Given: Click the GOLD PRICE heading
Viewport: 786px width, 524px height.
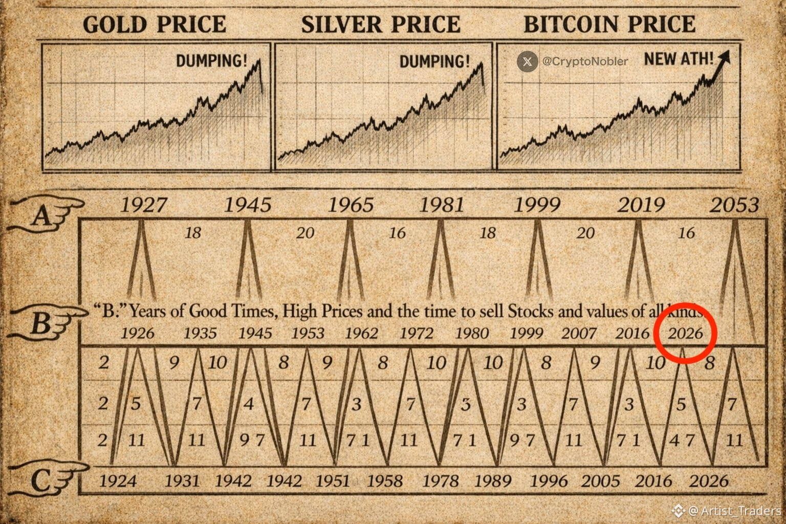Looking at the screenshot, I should pos(154,25).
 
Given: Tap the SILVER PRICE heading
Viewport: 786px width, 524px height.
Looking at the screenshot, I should pos(381,25).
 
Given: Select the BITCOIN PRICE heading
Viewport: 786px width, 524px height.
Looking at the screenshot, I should pos(609,25).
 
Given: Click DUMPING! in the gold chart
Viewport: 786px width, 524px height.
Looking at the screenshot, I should pos(211,61).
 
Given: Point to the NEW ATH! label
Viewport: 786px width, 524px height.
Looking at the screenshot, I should pos(679,58).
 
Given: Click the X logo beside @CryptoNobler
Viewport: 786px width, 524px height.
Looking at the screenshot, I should pos(527,61).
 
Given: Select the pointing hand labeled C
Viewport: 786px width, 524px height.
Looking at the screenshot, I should pos(49,478).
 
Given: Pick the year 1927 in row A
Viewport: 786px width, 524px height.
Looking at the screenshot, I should pos(143,205).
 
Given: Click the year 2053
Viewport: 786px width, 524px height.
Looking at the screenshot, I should pos(734,205).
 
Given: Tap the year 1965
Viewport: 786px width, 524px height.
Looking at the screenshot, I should pos(351,205).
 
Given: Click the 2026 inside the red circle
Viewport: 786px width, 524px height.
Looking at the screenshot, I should pos(686,333).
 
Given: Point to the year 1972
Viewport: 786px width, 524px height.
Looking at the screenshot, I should pos(416,333).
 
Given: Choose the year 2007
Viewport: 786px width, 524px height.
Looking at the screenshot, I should pos(579,333).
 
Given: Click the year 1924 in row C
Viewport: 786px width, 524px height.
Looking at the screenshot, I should pos(118,481).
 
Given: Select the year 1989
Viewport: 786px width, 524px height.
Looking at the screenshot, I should pos(492,481).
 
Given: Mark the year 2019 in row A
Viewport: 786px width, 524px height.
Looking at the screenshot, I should pos(641,205).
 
